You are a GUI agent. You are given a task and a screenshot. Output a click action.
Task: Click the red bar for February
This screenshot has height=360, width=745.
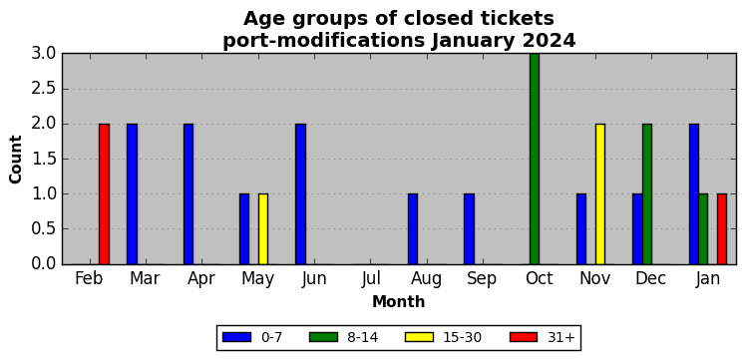click(104, 193)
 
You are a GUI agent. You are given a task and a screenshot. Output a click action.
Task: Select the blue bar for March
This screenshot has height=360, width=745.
click(132, 193)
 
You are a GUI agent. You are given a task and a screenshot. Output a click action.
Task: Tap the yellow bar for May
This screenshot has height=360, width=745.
click(263, 229)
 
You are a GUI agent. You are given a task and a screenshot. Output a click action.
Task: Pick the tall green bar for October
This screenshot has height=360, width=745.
click(535, 160)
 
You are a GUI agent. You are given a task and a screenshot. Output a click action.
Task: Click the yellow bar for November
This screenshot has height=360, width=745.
click(600, 193)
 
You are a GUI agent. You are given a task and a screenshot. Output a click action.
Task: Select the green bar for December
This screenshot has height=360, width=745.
click(647, 193)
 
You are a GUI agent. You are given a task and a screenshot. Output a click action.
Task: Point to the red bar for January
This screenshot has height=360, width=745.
click(722, 229)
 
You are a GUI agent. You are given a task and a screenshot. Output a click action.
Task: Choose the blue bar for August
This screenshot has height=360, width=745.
click(413, 229)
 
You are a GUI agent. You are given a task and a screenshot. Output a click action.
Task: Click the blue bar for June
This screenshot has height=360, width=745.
click(301, 193)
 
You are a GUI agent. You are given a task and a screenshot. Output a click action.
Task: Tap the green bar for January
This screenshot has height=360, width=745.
click(703, 229)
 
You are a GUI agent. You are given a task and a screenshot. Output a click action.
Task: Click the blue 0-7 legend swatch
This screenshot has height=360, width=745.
click(236, 337)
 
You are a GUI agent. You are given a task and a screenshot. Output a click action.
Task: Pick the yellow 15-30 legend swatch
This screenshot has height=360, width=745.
click(419, 337)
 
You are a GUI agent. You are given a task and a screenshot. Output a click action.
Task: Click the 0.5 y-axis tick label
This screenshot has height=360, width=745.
click(44, 229)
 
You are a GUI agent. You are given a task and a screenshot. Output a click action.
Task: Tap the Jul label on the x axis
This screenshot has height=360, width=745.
click(370, 279)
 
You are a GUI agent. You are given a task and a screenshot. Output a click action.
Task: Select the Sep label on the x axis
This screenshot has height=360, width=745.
click(482, 279)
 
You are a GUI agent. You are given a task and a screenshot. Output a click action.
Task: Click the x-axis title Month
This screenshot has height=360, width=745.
click(399, 301)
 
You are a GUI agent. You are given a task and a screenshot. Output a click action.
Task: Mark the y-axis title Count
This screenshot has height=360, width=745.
click(16, 160)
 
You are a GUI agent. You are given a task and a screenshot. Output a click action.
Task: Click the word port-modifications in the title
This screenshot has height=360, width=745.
click(323, 41)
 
